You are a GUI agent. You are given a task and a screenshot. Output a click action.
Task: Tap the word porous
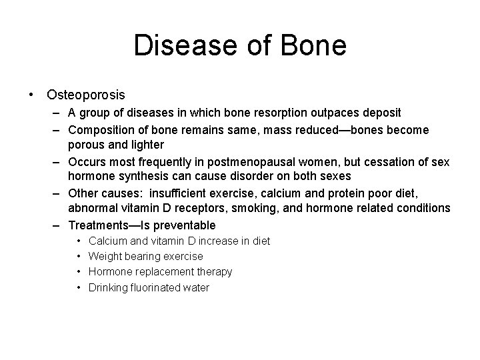coord(85,144)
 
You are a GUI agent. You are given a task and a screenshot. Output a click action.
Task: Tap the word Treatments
coord(97,225)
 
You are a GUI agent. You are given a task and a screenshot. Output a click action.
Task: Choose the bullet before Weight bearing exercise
coord(79,256)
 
